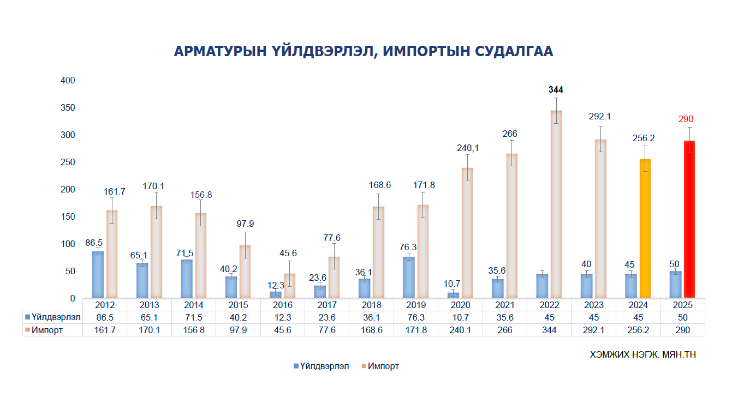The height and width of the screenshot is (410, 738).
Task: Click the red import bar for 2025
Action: [689, 220]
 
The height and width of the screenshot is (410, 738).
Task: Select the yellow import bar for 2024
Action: [645, 229]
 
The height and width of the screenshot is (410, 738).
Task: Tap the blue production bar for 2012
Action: [98, 275]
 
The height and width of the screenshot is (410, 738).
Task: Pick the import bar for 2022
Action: [556, 204]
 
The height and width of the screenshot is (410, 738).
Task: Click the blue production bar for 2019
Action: [409, 278]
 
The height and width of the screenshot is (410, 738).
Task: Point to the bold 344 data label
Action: [556, 90]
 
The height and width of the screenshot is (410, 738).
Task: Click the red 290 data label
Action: [686, 119]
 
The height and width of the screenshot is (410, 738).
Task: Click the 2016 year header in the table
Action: [283, 305]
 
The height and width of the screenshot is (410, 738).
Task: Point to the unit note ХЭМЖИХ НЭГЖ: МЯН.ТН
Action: [643, 354]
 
